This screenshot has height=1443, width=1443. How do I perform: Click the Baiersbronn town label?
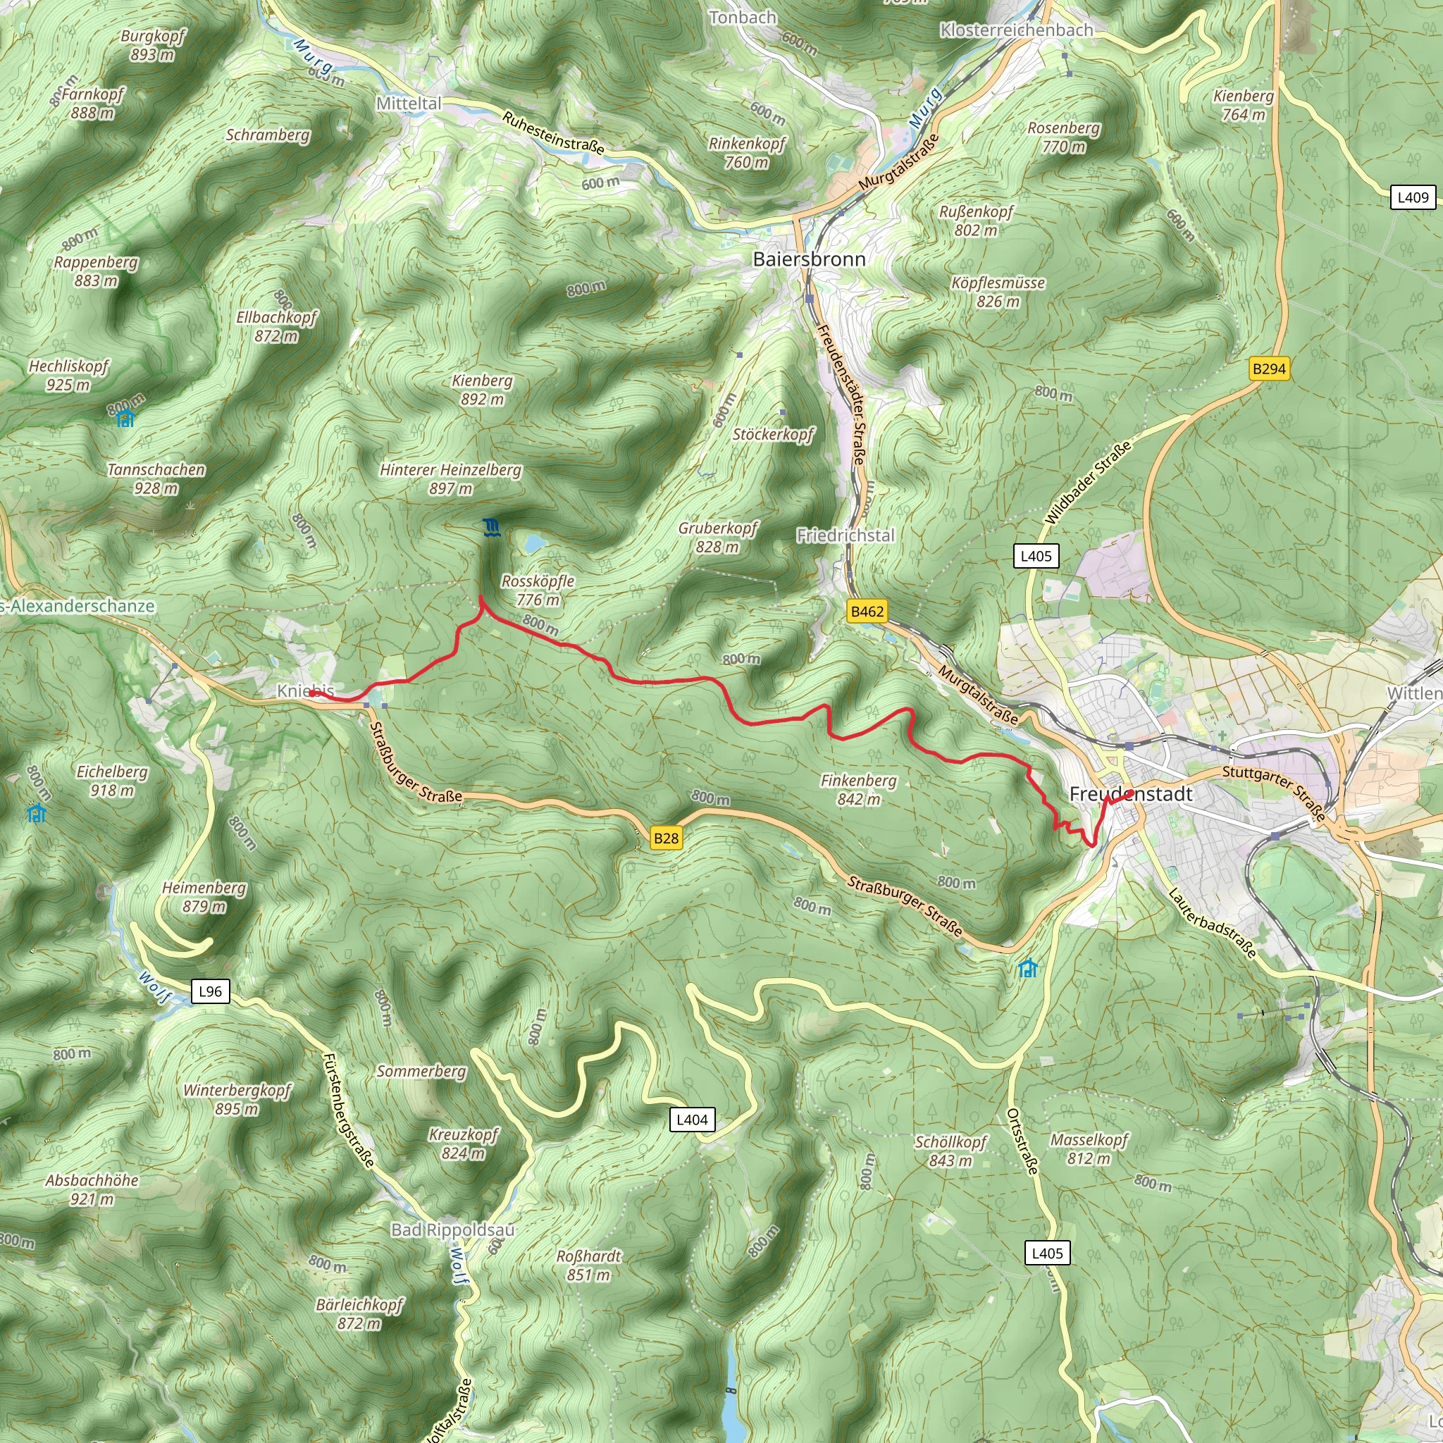tap(809, 259)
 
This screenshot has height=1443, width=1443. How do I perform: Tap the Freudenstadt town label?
tap(1131, 794)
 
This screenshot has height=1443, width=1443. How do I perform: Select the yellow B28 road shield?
tap(665, 838)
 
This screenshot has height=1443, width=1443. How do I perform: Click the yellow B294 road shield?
tap(1269, 369)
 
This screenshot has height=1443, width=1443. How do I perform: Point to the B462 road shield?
tap(867, 611)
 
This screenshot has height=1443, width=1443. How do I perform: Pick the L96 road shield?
tap(210, 991)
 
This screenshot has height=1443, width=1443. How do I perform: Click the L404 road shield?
tap(692, 1119)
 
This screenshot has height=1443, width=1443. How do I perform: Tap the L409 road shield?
tap(1413, 197)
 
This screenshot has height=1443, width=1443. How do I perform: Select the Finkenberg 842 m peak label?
tap(858, 789)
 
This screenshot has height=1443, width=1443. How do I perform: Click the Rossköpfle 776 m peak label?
tap(538, 590)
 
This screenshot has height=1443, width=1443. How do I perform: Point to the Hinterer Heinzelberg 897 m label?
tap(450, 478)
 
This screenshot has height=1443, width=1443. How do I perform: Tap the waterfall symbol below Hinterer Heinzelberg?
tap(490, 528)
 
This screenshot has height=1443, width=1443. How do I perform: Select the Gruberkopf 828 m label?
tap(718, 537)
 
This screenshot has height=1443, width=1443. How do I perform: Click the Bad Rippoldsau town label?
tap(452, 1229)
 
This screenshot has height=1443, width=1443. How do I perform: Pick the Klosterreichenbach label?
tap(1016, 30)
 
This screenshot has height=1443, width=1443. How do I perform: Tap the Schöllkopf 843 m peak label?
tap(950, 1151)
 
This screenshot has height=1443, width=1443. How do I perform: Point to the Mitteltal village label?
tap(409, 104)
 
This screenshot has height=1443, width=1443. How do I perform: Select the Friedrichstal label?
tap(845, 535)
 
